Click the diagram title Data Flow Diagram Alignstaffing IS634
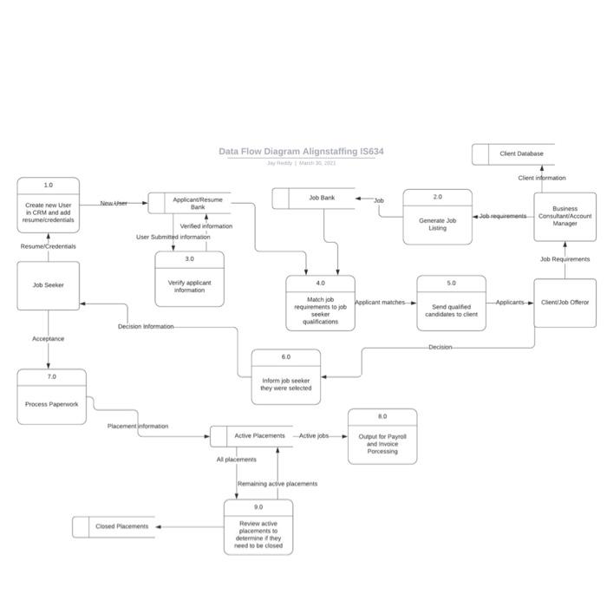point(301,152)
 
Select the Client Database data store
point(513,154)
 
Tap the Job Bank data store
point(314,199)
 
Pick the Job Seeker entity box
point(49,284)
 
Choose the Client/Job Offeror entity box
point(565,303)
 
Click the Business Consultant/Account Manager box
point(565,216)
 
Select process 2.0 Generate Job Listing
point(437,217)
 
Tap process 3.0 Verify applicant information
point(189,279)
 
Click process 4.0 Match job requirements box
point(320,304)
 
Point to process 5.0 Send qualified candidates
point(451,304)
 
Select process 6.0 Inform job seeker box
point(285,377)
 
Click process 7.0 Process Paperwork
point(52,397)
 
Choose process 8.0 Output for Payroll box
point(382,436)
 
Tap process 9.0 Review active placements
point(258,527)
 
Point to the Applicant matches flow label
point(380,303)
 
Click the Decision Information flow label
point(146,327)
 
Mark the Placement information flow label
point(138,427)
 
